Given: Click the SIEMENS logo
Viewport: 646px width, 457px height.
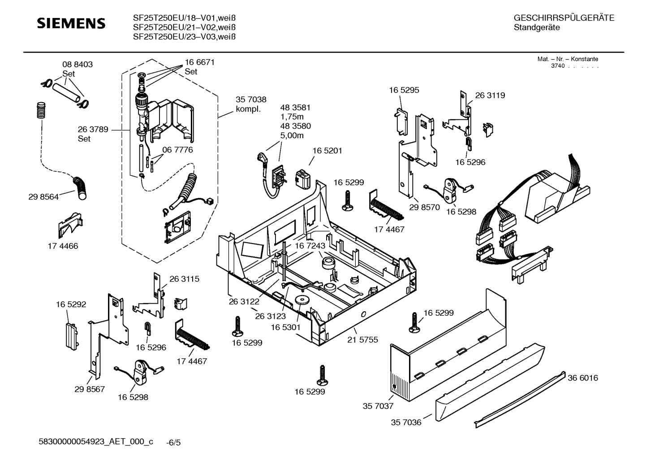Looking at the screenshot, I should point(71,23).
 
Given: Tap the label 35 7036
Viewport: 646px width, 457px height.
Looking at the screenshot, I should point(406,422).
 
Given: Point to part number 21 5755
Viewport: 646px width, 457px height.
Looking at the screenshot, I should point(362,340).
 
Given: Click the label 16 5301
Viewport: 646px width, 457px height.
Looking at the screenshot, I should point(285,328).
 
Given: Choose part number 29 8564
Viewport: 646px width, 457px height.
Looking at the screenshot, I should point(43,197).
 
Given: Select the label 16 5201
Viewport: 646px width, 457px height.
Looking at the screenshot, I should point(327,151).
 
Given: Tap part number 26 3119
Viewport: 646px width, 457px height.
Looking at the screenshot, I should point(490,95).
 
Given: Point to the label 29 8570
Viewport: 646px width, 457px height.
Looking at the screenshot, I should point(424,207).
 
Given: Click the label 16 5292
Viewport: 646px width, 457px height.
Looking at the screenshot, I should point(71,304).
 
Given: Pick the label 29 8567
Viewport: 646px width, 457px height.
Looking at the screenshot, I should point(90,389).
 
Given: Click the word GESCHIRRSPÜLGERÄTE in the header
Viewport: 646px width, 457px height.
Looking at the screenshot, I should point(564,18).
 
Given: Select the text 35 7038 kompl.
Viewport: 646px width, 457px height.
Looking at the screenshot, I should point(251,104).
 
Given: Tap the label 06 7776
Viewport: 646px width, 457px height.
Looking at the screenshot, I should point(177,150).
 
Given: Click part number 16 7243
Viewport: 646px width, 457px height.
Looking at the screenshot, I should point(310,246).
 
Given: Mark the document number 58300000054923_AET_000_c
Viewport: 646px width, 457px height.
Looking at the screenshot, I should point(96,442).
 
